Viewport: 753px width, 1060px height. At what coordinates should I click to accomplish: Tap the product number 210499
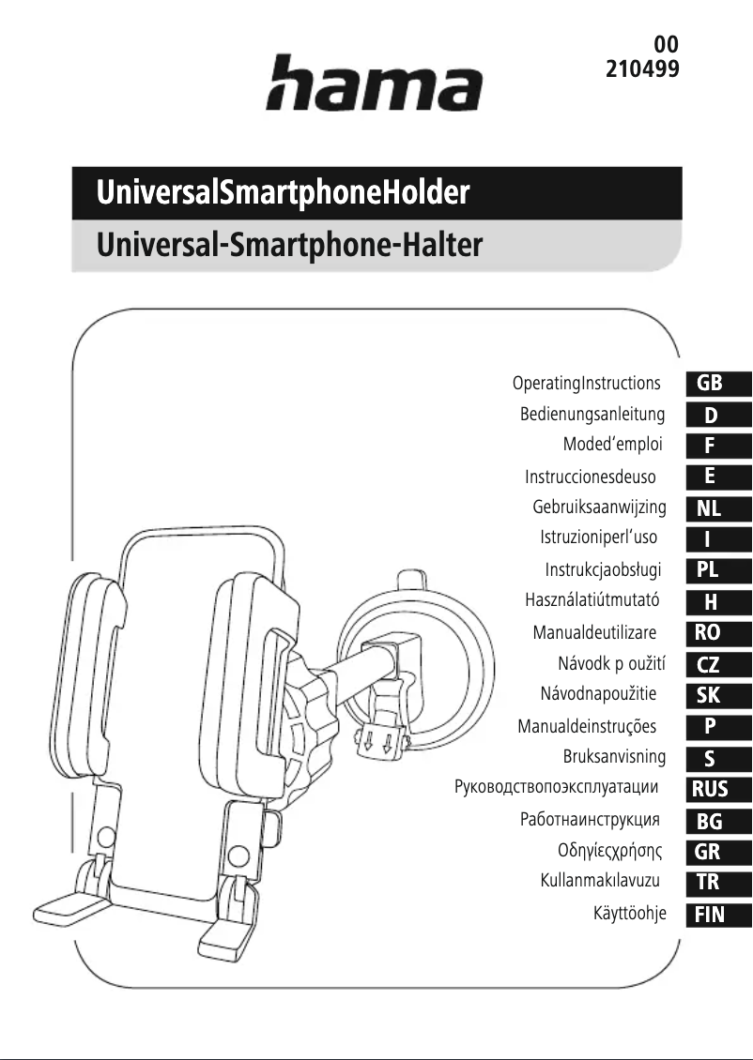tap(643, 68)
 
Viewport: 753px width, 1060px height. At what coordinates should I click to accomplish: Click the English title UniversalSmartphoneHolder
tap(283, 193)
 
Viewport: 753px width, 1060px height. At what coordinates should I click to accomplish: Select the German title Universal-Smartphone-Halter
tap(290, 246)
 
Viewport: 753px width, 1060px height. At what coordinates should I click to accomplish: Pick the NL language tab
tap(710, 508)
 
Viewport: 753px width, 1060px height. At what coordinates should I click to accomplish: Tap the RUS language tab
tap(710, 789)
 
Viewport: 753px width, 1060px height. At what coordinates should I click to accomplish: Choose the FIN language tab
tap(710, 914)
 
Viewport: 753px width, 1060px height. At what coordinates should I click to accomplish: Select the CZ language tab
tap(710, 664)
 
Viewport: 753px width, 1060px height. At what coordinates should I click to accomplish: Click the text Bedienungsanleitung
tap(592, 414)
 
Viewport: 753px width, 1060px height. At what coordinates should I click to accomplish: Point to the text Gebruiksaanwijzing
tap(599, 507)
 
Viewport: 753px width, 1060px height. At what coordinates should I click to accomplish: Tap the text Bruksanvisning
tap(614, 756)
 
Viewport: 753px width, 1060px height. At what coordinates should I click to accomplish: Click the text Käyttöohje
tap(629, 912)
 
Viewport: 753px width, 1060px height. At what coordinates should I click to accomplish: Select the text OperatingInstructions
tap(586, 383)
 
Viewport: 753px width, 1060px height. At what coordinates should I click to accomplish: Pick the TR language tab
tap(710, 882)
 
